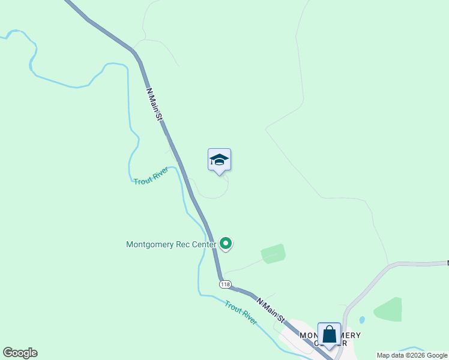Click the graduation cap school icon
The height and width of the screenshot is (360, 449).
click(219, 160)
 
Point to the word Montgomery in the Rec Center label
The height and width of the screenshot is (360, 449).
click(150, 245)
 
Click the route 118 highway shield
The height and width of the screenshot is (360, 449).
click(225, 284)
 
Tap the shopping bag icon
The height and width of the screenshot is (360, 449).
click(329, 335)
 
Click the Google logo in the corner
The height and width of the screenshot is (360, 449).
click(20, 353)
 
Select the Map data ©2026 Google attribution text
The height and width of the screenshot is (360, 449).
click(412, 355)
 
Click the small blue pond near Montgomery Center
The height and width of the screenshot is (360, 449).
click(361, 320)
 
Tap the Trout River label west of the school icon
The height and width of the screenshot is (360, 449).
click(150, 176)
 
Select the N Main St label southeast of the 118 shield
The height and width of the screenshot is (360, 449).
click(270, 310)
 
